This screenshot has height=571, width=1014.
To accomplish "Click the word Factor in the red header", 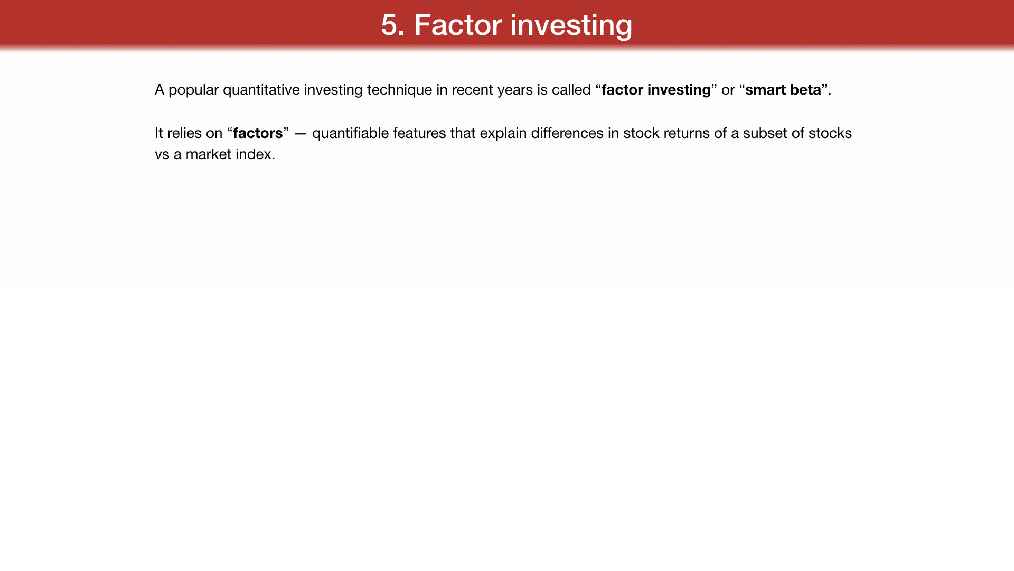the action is click(x=458, y=25).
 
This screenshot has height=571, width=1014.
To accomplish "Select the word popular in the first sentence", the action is click(x=193, y=90).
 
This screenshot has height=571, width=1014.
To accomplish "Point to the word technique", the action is click(x=399, y=90).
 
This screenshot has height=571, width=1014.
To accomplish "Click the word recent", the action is click(x=472, y=90).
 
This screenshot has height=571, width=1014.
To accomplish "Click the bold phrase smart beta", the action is click(x=783, y=90).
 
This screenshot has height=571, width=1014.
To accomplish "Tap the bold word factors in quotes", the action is click(x=258, y=133).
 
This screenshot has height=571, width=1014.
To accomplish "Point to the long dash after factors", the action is click(x=301, y=134).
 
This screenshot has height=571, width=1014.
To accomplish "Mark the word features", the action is click(x=419, y=133).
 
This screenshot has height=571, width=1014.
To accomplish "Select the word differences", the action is click(x=567, y=133).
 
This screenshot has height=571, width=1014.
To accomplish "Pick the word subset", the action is click(x=765, y=133).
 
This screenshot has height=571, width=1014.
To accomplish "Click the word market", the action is click(x=208, y=154).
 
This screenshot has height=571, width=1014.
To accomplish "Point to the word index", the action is click(x=256, y=154).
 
